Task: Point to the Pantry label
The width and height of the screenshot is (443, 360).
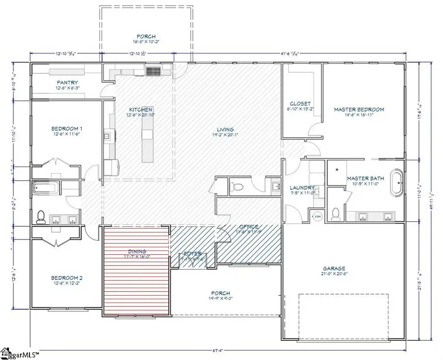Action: pos(68,83)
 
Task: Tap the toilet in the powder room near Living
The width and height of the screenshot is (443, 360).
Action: pos(235,186)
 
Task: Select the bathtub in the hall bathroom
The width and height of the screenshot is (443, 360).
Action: pos(46,187)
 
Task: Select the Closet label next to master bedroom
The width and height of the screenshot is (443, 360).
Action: pos(300,103)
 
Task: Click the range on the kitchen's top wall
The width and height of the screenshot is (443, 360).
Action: pos(155,71)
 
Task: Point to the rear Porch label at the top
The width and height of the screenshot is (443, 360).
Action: pos(146,36)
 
